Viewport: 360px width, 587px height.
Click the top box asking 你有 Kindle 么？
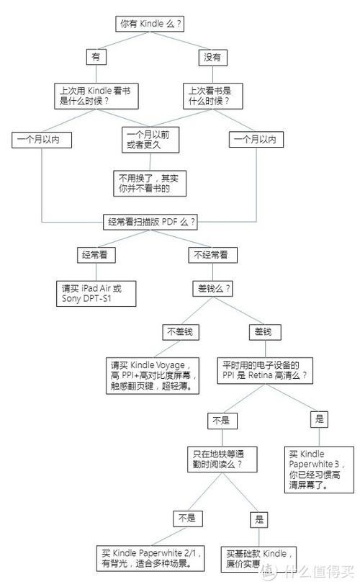(x=150, y=24)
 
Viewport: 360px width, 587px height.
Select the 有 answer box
(x=96, y=57)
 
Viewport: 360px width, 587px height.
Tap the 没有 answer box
(x=212, y=58)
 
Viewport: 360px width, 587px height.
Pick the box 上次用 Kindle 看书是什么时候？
(x=96, y=97)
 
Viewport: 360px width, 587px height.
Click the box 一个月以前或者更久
(x=150, y=140)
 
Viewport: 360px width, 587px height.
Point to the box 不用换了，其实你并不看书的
(x=150, y=184)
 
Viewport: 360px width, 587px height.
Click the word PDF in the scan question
(x=169, y=222)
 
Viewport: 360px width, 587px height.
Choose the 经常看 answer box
(x=96, y=255)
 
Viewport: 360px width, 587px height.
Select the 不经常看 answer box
(x=212, y=255)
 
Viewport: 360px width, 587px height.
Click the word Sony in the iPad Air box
(x=71, y=298)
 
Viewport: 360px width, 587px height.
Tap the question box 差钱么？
(x=214, y=289)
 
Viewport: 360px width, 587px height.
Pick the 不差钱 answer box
(x=181, y=332)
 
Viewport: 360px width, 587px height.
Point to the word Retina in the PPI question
(x=260, y=375)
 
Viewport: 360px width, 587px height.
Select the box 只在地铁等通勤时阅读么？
(x=222, y=460)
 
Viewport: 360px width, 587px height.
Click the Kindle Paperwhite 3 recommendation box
(x=319, y=470)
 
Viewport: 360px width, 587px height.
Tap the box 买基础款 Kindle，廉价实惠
(x=258, y=559)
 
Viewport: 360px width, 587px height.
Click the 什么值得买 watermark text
(x=318, y=571)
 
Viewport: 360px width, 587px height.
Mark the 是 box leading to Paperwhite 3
(x=319, y=419)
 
